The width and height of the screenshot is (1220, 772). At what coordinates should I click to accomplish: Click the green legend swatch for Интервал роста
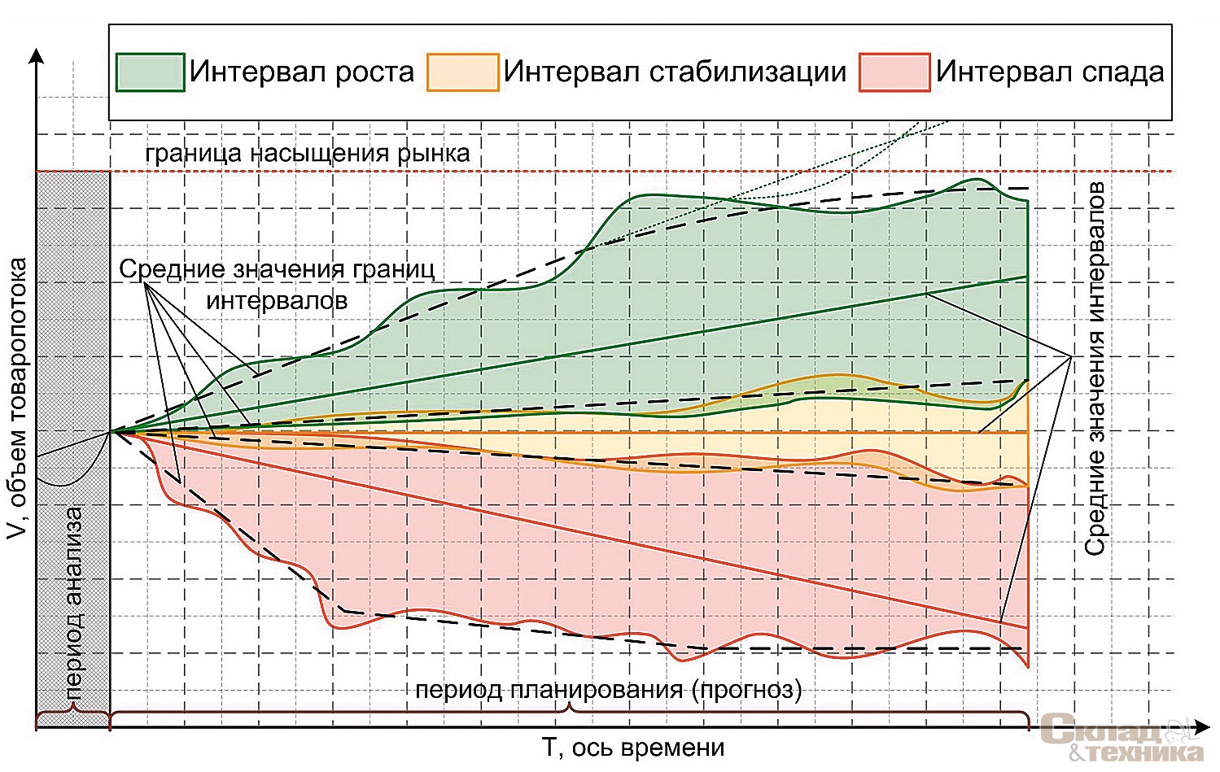[x=150, y=72]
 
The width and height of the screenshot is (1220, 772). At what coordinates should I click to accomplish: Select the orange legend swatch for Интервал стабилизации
[x=462, y=72]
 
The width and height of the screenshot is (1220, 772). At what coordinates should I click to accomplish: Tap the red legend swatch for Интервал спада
[x=894, y=72]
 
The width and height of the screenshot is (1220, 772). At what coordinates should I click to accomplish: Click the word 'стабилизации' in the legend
[x=748, y=72]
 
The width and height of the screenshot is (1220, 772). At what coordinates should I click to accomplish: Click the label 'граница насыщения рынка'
[x=308, y=153]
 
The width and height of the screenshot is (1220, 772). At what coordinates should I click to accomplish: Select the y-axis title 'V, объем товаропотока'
[x=17, y=399]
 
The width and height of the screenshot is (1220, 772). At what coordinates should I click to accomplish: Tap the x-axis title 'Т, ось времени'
[x=632, y=747]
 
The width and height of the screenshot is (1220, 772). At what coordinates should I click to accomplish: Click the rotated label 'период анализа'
[x=74, y=602]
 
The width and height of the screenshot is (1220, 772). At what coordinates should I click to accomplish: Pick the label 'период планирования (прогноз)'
[x=609, y=690]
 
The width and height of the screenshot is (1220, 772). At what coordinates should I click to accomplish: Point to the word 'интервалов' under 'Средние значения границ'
[x=277, y=300]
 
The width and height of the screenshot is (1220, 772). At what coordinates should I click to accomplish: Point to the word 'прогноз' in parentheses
[x=746, y=690]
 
